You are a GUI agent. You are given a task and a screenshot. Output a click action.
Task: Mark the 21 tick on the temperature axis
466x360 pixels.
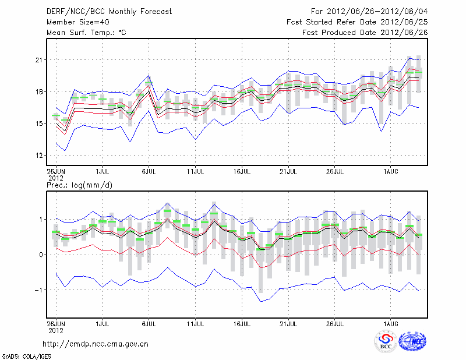point(40,60)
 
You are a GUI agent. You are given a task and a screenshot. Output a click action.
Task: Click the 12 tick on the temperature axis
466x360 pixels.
point(40,156)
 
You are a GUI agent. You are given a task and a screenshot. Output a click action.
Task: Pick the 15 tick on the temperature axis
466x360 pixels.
point(40,123)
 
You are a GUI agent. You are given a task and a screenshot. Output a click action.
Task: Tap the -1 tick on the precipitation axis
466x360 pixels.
point(39,290)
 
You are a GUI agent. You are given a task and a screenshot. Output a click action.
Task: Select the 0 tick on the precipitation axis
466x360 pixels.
point(41,255)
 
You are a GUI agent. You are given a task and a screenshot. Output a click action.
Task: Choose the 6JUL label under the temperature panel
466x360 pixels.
point(149,172)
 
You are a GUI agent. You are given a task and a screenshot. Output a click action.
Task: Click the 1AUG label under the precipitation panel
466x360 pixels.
point(391,322)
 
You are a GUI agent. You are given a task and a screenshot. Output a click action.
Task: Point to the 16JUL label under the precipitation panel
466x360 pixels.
point(242,322)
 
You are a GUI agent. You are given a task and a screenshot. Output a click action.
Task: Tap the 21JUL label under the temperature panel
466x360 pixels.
point(288,172)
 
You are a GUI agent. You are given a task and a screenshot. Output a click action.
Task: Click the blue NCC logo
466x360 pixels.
point(412,341)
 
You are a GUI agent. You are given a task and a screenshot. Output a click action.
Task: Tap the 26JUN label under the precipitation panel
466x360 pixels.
point(56,322)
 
